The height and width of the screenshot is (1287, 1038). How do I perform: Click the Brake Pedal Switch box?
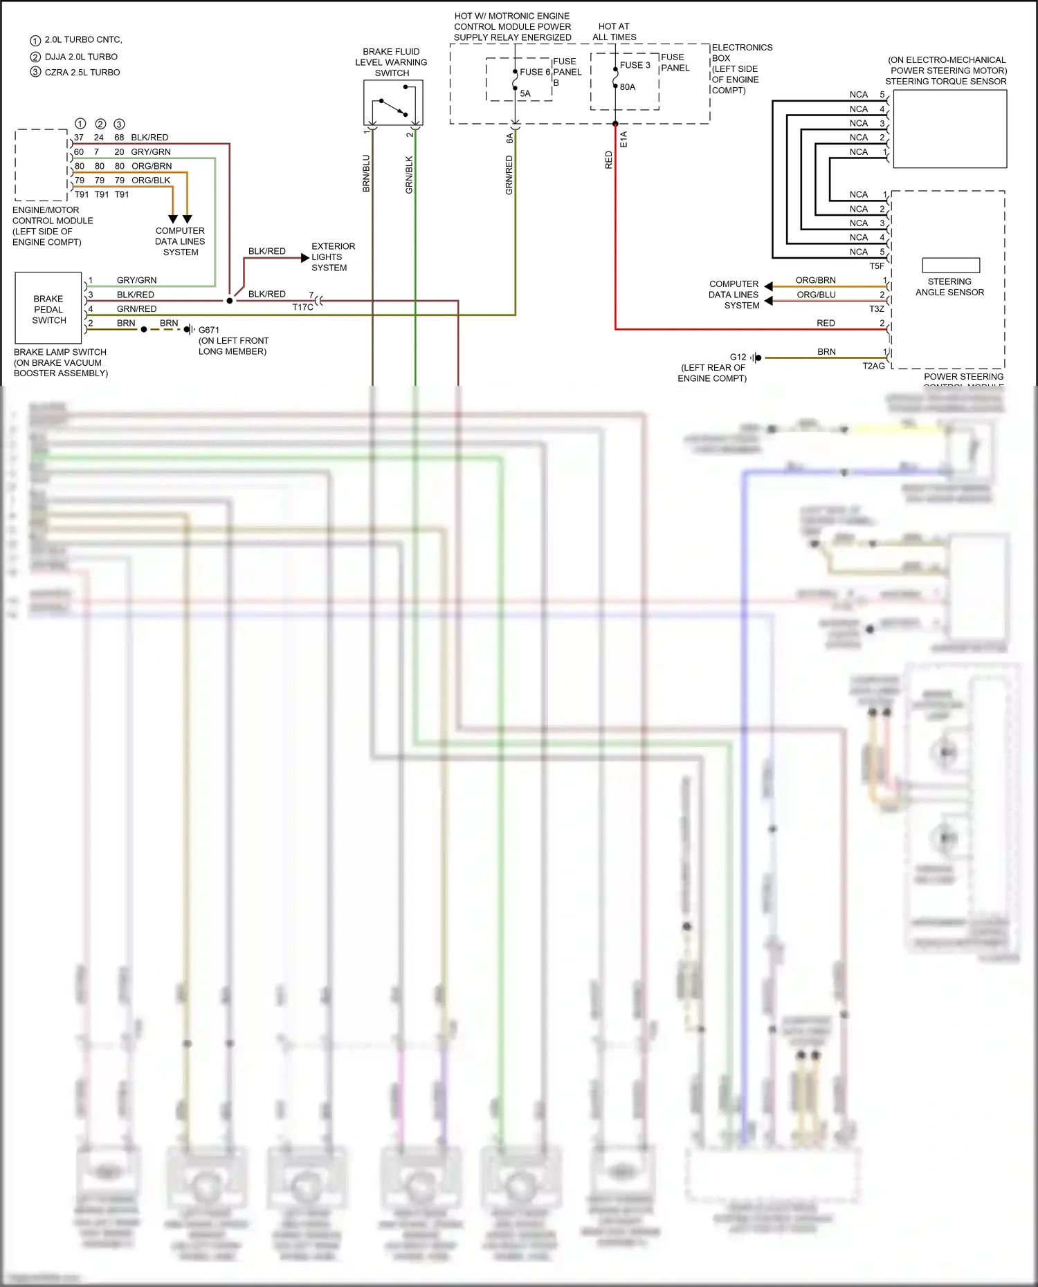[x=48, y=308]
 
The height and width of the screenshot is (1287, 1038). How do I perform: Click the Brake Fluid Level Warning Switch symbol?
[x=393, y=103]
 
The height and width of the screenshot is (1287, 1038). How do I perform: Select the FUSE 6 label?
[x=535, y=72]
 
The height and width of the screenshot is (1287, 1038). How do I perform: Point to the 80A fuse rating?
[x=628, y=87]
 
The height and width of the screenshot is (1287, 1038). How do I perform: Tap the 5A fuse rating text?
[x=525, y=93]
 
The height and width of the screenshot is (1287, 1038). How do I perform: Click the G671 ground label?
[x=208, y=330]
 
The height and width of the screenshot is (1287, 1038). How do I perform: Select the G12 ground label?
[x=738, y=357]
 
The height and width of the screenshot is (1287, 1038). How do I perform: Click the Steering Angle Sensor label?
[x=949, y=287]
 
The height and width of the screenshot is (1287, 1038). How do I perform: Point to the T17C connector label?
[x=302, y=307]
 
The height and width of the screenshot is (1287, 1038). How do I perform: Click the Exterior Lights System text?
[x=333, y=257]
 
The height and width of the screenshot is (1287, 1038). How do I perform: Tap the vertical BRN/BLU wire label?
[x=366, y=173]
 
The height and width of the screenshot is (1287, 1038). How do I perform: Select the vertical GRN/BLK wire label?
[x=409, y=174]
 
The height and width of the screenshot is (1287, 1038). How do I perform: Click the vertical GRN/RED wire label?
[x=509, y=174]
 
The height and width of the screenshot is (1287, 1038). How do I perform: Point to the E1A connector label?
[x=623, y=139]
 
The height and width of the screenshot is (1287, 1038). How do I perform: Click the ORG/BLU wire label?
[x=816, y=295]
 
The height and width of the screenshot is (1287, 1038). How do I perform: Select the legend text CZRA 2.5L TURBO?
[x=82, y=72]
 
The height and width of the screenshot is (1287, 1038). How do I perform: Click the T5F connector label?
[x=877, y=266]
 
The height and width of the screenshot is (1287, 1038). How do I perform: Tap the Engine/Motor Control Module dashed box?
[x=42, y=165]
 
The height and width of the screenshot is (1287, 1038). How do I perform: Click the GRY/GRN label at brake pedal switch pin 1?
[x=136, y=280]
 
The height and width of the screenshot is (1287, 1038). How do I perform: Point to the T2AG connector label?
[x=873, y=366]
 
